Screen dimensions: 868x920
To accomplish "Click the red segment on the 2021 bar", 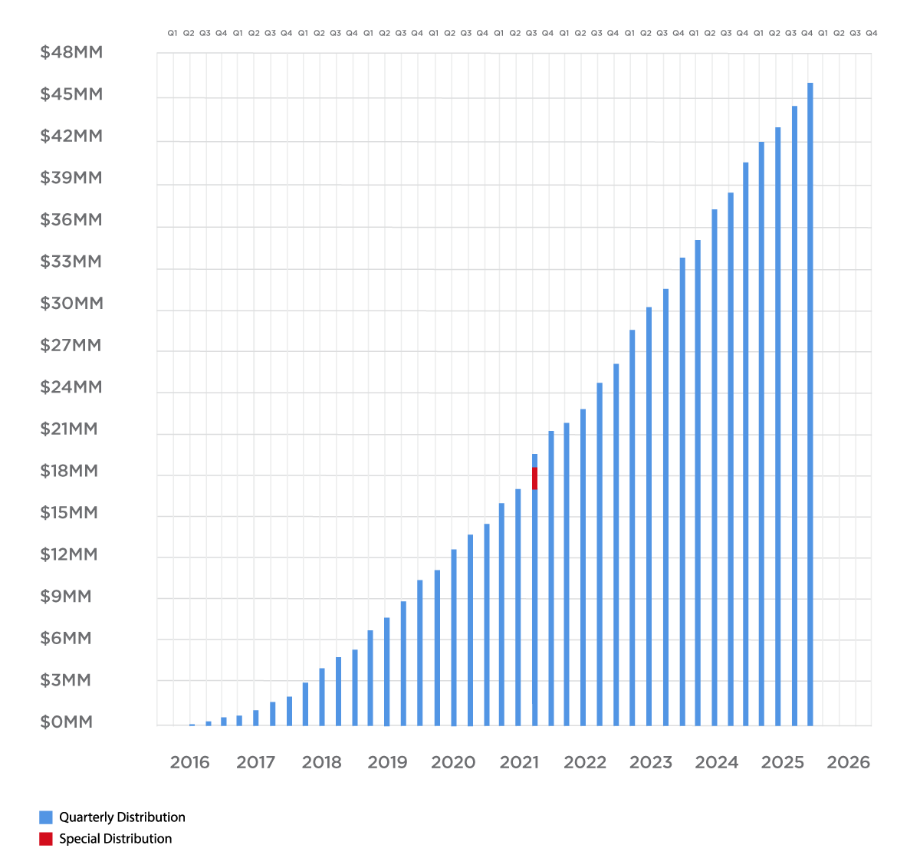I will pyautogui.click(x=534, y=478).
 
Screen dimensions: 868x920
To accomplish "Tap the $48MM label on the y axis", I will pyautogui.click(x=71, y=53).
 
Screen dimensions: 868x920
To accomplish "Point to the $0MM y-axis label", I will pyautogui.click(x=66, y=722).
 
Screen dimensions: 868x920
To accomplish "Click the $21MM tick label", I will pyautogui.click(x=68, y=429).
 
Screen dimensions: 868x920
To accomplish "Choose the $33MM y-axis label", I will pyautogui.click(x=71, y=262).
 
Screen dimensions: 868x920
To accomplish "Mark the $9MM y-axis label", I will pyautogui.click(x=65, y=597).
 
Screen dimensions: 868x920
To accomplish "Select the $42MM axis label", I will pyautogui.click(x=71, y=136).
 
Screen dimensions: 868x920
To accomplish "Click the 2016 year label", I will pyautogui.click(x=189, y=762).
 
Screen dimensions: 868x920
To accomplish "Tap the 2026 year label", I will pyautogui.click(x=848, y=762).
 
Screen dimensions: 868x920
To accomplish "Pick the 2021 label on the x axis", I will pyautogui.click(x=519, y=762).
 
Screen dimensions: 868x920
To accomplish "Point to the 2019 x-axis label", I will pyautogui.click(x=387, y=762).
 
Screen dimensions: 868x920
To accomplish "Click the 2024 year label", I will pyautogui.click(x=716, y=762).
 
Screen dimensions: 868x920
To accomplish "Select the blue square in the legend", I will pyautogui.click(x=46, y=817).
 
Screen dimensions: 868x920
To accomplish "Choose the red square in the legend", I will pyautogui.click(x=46, y=839).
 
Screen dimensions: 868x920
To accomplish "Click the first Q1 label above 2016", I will pyautogui.click(x=172, y=33).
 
